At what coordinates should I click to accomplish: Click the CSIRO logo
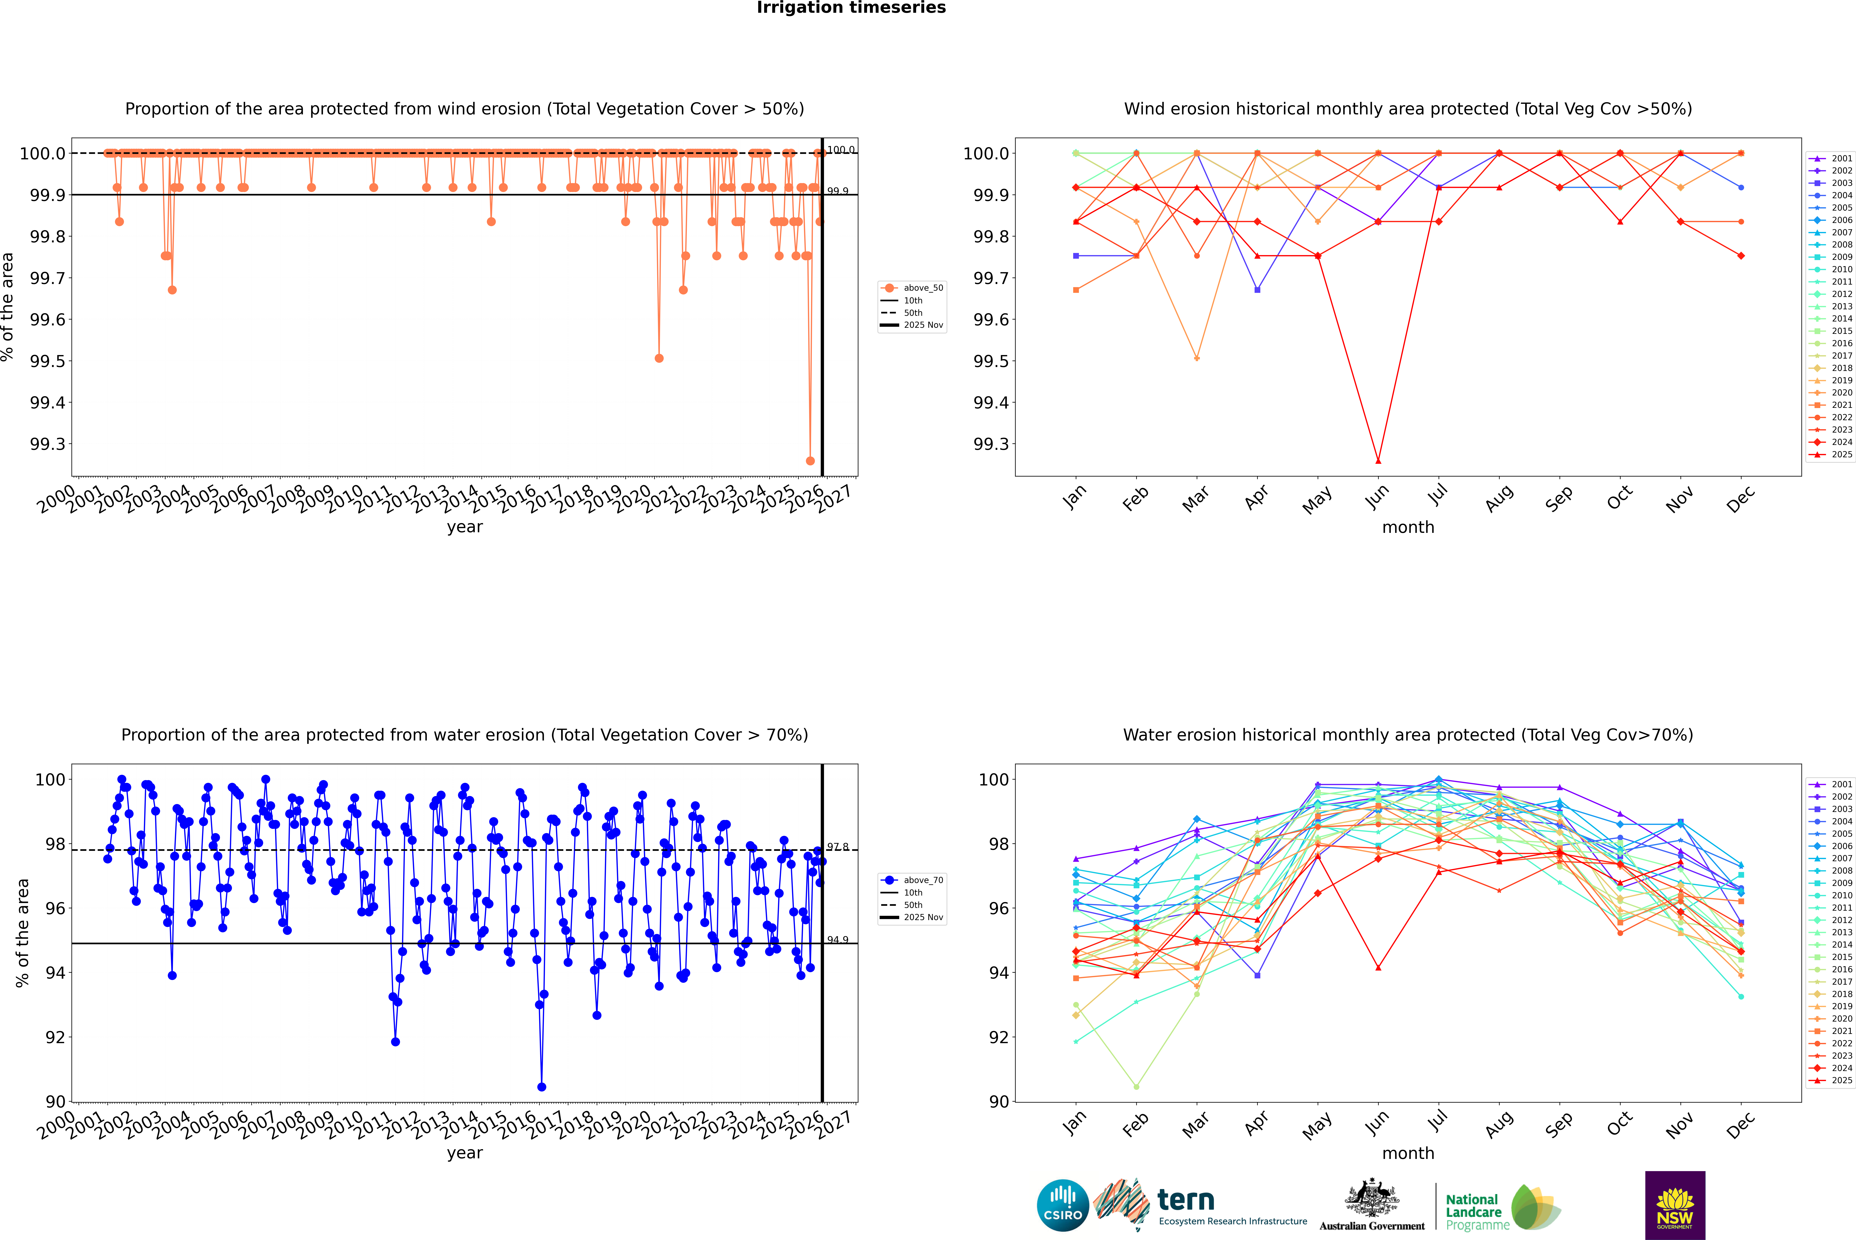pos(1063,1205)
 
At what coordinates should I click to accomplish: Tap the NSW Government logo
pos(1675,1205)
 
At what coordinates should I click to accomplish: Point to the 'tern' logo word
pos(1185,1200)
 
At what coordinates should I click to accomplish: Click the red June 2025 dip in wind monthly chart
pos(1378,461)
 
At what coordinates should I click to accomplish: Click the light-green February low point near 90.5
pos(1136,1087)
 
